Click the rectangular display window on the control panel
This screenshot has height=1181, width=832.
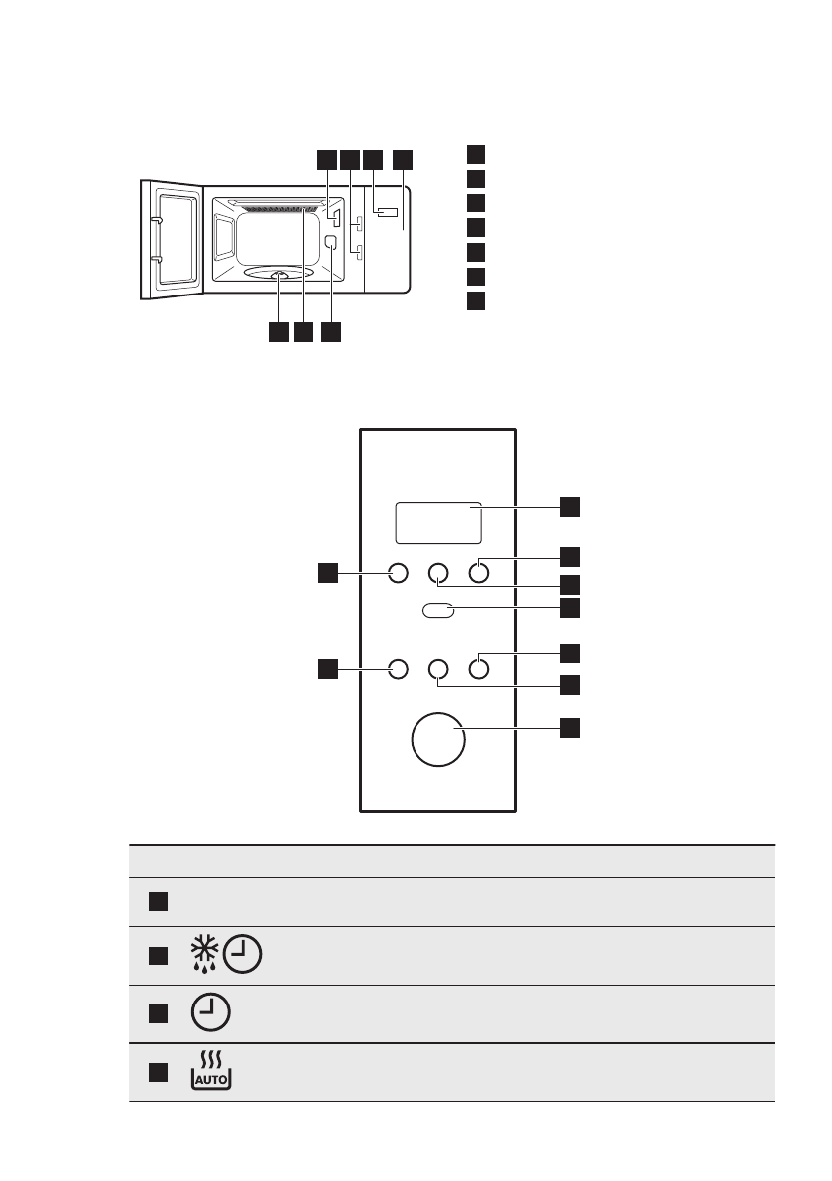point(438,523)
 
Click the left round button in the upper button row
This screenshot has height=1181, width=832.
point(398,572)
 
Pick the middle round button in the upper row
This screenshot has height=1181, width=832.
point(438,572)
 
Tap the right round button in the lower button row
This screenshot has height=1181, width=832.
point(479,669)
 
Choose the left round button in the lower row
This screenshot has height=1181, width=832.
point(398,669)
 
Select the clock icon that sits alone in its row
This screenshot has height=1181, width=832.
point(208,1013)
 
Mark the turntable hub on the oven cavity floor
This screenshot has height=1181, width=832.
point(279,277)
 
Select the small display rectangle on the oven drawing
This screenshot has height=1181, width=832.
point(385,212)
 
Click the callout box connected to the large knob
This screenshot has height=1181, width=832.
point(570,728)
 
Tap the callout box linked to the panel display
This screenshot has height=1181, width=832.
point(570,506)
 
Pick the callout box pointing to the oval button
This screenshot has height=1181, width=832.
point(570,605)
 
